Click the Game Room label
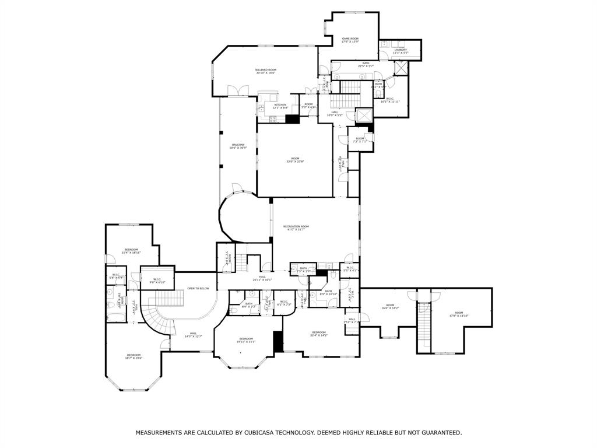350,40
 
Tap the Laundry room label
400,51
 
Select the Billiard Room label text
265,71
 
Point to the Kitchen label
280,106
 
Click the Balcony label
238,146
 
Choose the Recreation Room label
296,228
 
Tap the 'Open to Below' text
198,288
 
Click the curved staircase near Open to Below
156,318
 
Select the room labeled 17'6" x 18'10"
459,314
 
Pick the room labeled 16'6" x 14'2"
390,307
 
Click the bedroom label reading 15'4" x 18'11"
131,251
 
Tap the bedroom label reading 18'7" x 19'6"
134,356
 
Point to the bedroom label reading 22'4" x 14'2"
318,334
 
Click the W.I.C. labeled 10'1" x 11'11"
389,100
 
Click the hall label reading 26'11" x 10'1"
262,278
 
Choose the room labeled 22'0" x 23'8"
296,160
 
